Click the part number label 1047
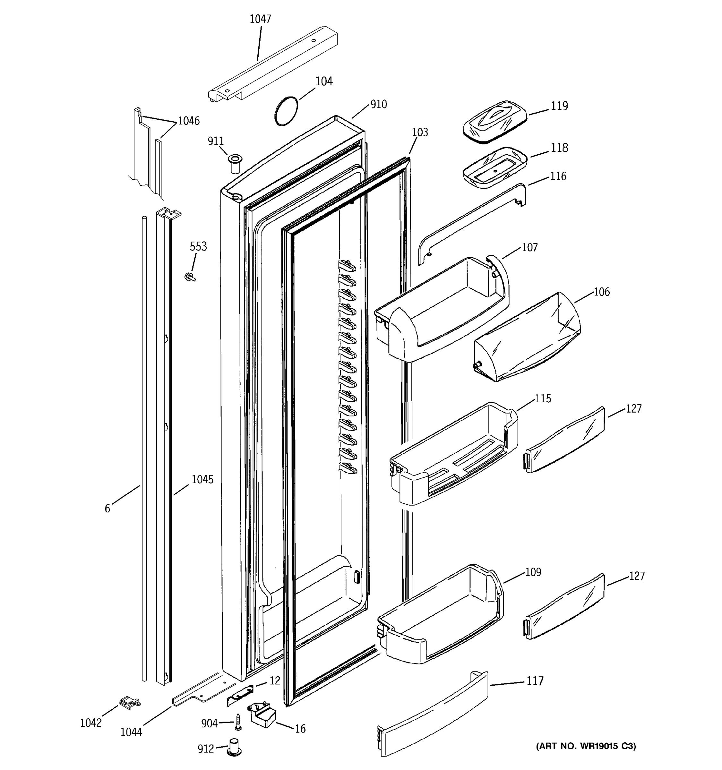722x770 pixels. pyautogui.click(x=260, y=19)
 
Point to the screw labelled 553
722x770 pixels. pyautogui.click(x=190, y=277)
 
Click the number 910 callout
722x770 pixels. pyautogui.click(x=378, y=104)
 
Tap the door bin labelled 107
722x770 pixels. pyautogui.click(x=442, y=310)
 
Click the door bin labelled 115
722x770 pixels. pyautogui.click(x=453, y=453)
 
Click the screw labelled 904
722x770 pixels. pyautogui.click(x=238, y=723)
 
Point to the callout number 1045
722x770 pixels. pyautogui.click(x=202, y=480)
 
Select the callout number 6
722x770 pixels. pyautogui.click(x=107, y=509)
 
